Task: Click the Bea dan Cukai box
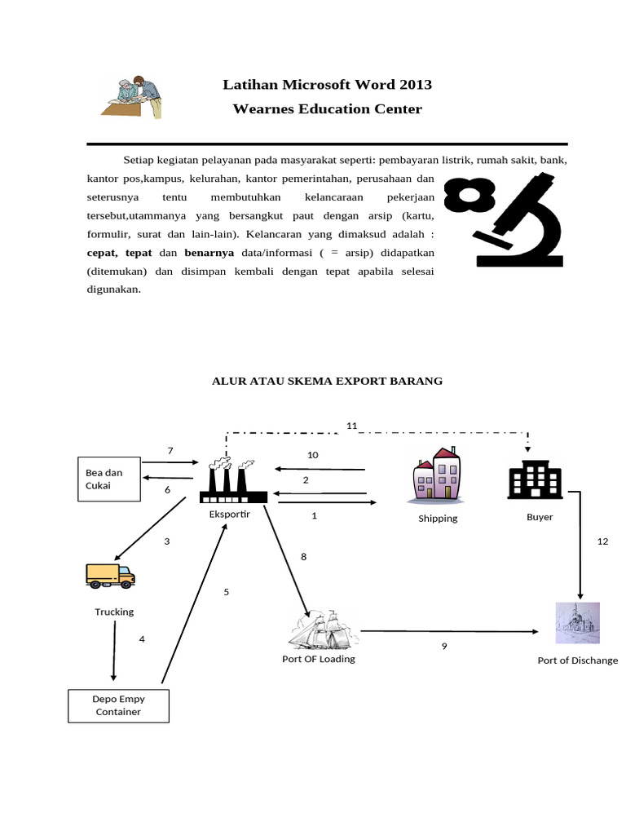108,479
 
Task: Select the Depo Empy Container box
118,705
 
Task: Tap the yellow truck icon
110,576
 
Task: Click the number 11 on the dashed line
352,426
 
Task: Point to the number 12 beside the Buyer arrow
602,541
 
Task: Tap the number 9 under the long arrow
444,646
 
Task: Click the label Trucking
114,612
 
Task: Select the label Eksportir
231,515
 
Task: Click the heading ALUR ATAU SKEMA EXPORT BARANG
327,381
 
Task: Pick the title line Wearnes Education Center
327,108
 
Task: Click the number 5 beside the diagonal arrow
227,592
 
